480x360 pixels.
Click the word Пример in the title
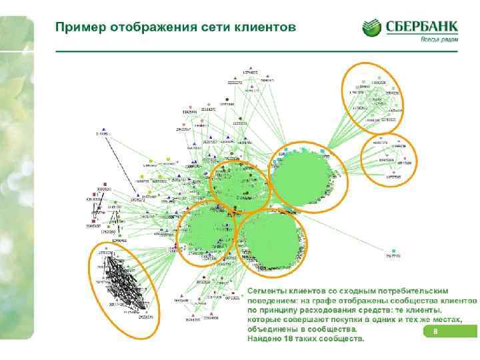coord(76,27)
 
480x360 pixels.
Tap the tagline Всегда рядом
coord(438,39)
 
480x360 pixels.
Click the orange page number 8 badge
coord(435,332)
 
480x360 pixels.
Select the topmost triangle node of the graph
coord(251,68)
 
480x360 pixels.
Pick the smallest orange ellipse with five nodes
coord(387,161)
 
